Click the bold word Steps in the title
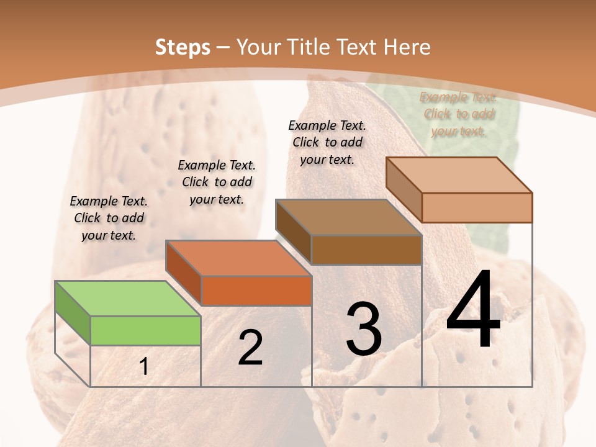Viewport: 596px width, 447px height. [183, 47]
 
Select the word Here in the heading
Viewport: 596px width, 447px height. [407, 47]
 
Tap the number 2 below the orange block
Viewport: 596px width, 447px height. [250, 348]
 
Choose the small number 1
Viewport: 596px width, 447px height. [144, 367]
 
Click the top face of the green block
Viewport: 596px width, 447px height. [128, 299]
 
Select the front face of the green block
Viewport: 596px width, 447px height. [145, 330]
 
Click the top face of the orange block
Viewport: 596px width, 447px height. [238, 258]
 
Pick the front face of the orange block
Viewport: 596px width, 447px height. [256, 291]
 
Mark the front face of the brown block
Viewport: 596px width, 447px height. [366, 250]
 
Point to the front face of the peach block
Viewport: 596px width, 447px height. [477, 207]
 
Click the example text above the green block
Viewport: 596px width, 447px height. [109, 218]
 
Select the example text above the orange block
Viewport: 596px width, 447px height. [217, 182]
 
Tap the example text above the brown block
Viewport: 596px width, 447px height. [327, 142]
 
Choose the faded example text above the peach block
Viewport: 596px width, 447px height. [458, 114]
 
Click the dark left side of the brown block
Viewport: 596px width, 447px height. [293, 232]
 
